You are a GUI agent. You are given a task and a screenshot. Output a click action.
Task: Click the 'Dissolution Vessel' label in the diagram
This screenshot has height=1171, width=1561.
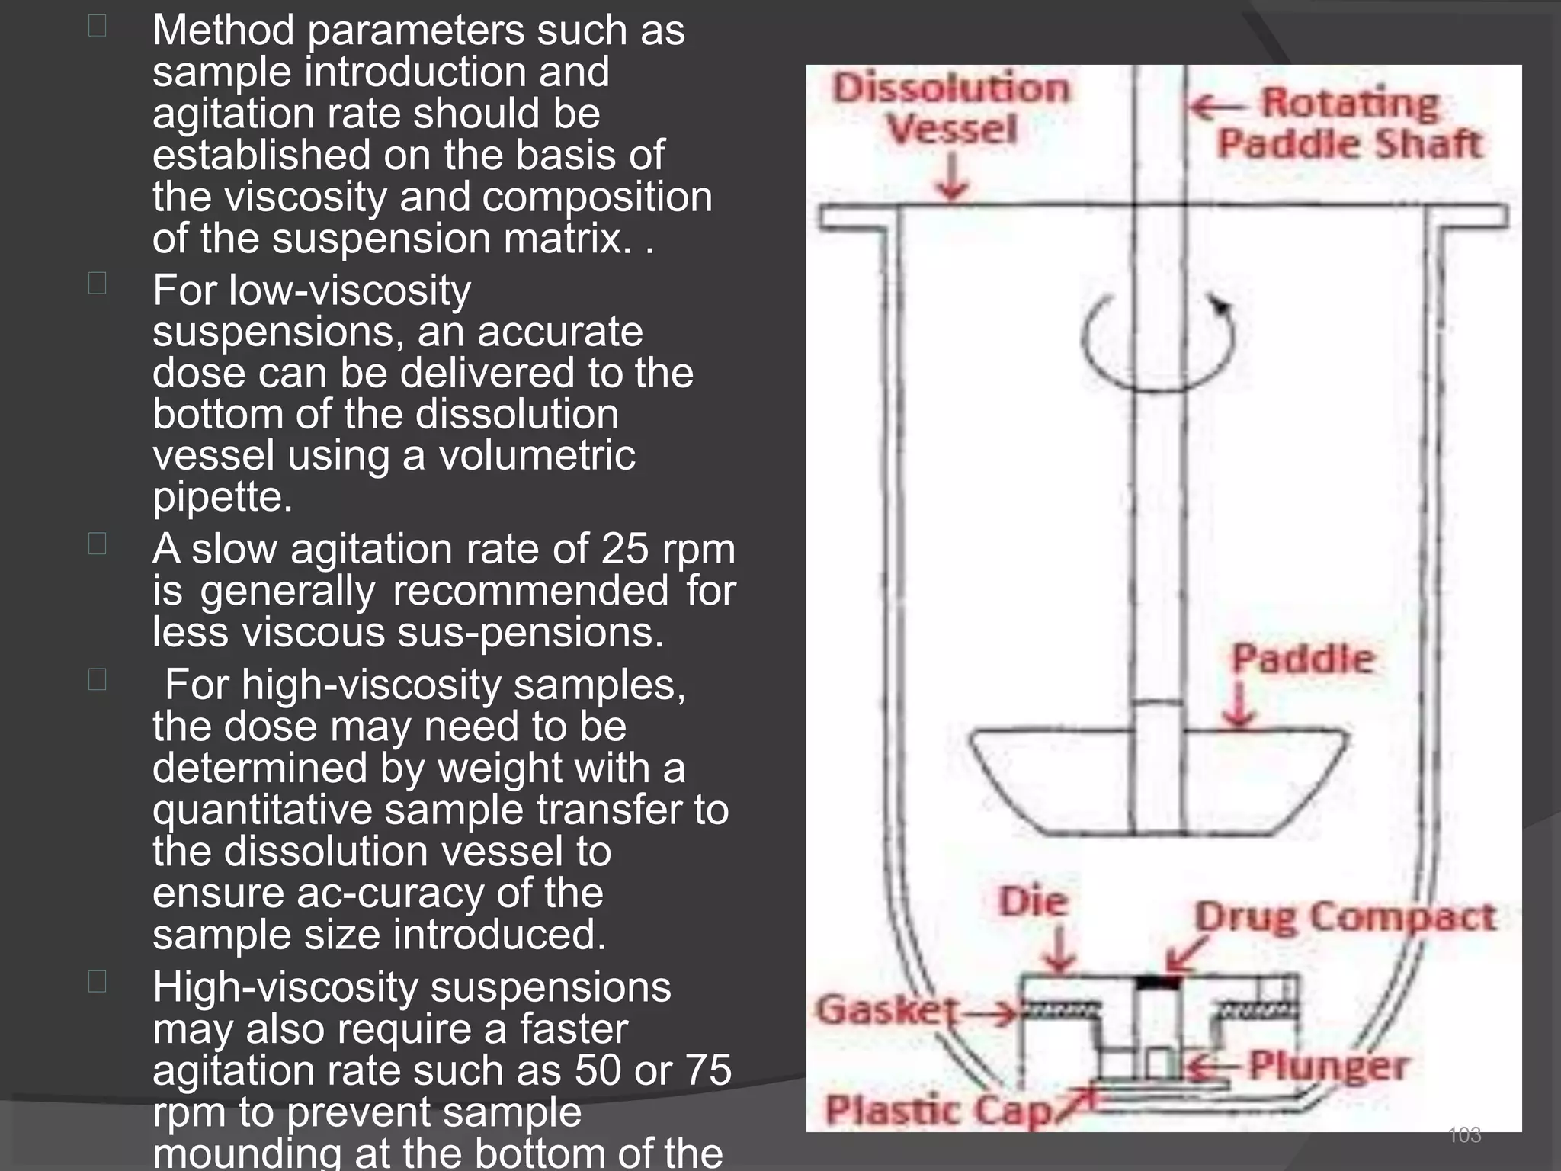tap(951, 108)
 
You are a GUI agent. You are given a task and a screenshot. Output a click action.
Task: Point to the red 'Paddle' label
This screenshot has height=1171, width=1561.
tap(1303, 659)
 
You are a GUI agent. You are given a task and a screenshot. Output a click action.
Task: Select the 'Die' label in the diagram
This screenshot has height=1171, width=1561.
tap(1033, 903)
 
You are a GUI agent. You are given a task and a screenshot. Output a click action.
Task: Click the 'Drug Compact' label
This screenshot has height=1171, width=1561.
tap(1345, 917)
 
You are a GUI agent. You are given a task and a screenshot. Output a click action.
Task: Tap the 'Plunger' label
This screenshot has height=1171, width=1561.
tap(1328, 1066)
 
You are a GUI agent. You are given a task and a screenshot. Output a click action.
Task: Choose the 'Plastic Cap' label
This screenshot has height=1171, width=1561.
tap(938, 1110)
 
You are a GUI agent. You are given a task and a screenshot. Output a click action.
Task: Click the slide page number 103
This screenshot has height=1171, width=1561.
tap(1463, 1135)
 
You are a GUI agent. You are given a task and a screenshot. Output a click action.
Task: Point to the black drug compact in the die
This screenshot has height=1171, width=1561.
tap(1157, 983)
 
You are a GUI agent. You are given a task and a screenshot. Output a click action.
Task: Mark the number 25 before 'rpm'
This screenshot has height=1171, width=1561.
tap(625, 549)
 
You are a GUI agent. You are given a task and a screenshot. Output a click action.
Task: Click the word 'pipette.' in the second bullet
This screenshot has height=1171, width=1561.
tap(223, 498)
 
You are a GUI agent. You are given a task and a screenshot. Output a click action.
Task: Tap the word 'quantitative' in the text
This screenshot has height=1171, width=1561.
tap(262, 810)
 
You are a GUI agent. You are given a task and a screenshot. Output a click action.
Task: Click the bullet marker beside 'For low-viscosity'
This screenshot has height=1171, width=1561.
tap(97, 284)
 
